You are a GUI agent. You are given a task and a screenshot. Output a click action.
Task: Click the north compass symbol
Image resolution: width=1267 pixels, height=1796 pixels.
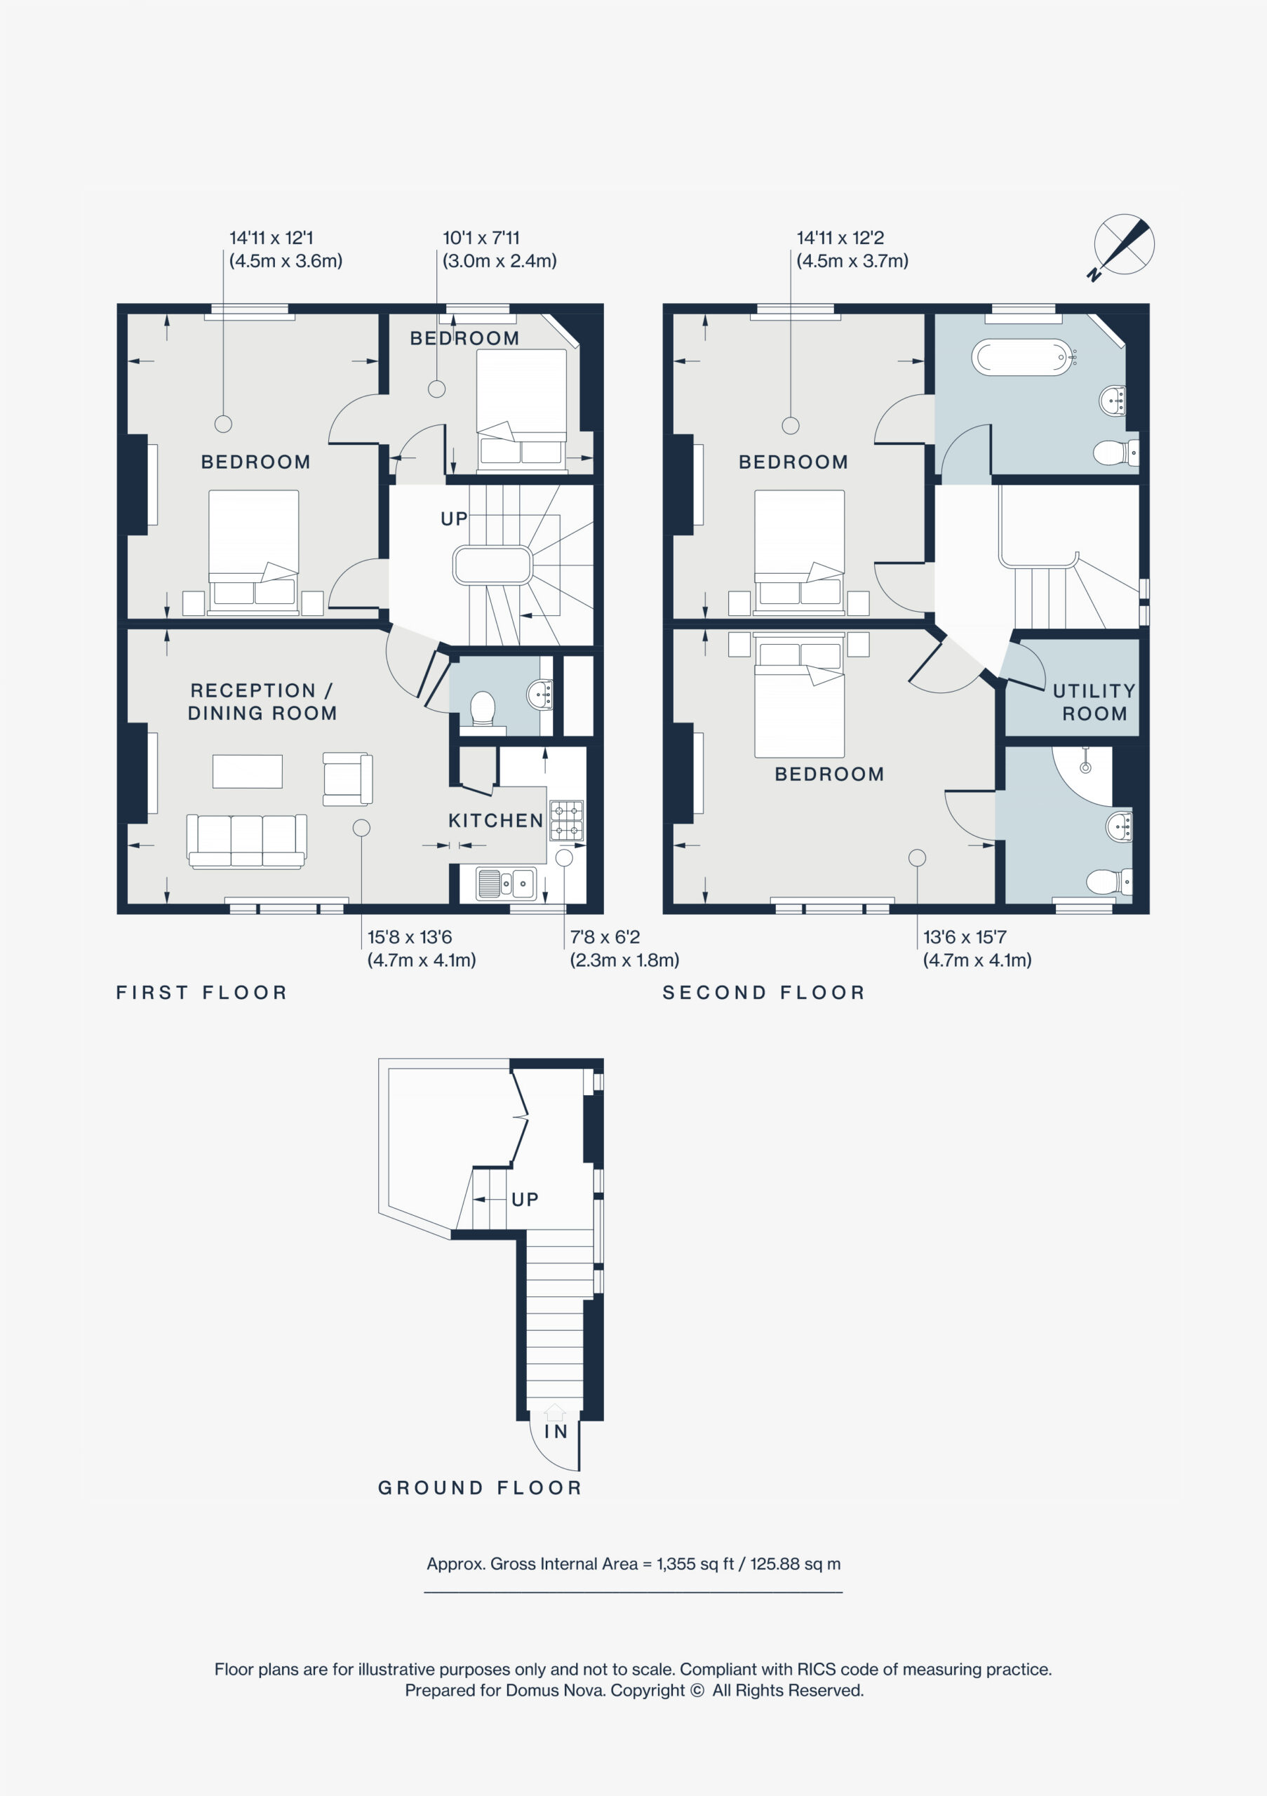pos(1123,245)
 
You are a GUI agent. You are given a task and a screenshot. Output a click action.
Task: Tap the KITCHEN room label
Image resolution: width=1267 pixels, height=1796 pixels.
pos(496,821)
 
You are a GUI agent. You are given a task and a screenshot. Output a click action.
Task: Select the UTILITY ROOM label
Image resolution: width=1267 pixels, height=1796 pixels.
pos(1094,702)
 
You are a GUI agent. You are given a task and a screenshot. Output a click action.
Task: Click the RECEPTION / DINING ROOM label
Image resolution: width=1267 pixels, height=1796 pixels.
pos(262,702)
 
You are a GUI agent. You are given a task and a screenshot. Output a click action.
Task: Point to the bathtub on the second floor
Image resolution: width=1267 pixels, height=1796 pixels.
pos(1022,358)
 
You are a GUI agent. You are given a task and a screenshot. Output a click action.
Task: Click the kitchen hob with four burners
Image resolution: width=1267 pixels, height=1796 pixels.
pos(567,821)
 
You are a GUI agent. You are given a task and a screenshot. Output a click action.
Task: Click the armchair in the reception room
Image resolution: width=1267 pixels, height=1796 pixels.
pos(347,778)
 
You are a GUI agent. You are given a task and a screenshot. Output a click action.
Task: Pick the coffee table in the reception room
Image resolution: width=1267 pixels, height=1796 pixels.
pos(247,770)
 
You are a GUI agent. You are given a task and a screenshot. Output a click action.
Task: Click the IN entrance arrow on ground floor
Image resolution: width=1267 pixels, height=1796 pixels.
pos(554,1412)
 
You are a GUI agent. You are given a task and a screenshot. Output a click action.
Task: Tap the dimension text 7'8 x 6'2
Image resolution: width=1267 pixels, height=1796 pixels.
pos(605,937)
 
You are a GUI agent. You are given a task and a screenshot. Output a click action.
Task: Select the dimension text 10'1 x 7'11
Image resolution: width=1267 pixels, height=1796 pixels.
pos(481,238)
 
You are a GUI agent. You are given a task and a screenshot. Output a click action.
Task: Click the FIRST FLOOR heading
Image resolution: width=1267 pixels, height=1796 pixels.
pos(202,993)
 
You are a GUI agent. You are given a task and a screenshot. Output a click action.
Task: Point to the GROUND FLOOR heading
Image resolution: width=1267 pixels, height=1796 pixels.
pos(480,1488)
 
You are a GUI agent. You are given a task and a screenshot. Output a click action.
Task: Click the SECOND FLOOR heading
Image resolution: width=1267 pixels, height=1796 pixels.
pos(763,993)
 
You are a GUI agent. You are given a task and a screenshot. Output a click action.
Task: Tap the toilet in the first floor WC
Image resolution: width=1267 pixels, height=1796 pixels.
pos(483,709)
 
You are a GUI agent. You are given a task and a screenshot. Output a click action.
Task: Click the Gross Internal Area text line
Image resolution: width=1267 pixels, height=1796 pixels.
pos(633,1564)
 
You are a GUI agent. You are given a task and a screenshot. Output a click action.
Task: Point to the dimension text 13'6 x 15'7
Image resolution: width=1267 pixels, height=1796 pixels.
pos(965,937)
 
